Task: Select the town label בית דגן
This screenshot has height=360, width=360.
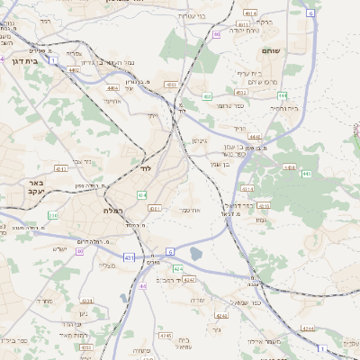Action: click(21, 60)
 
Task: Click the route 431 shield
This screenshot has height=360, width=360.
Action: click(128, 257)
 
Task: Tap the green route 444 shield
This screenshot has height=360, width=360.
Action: click(282, 94)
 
